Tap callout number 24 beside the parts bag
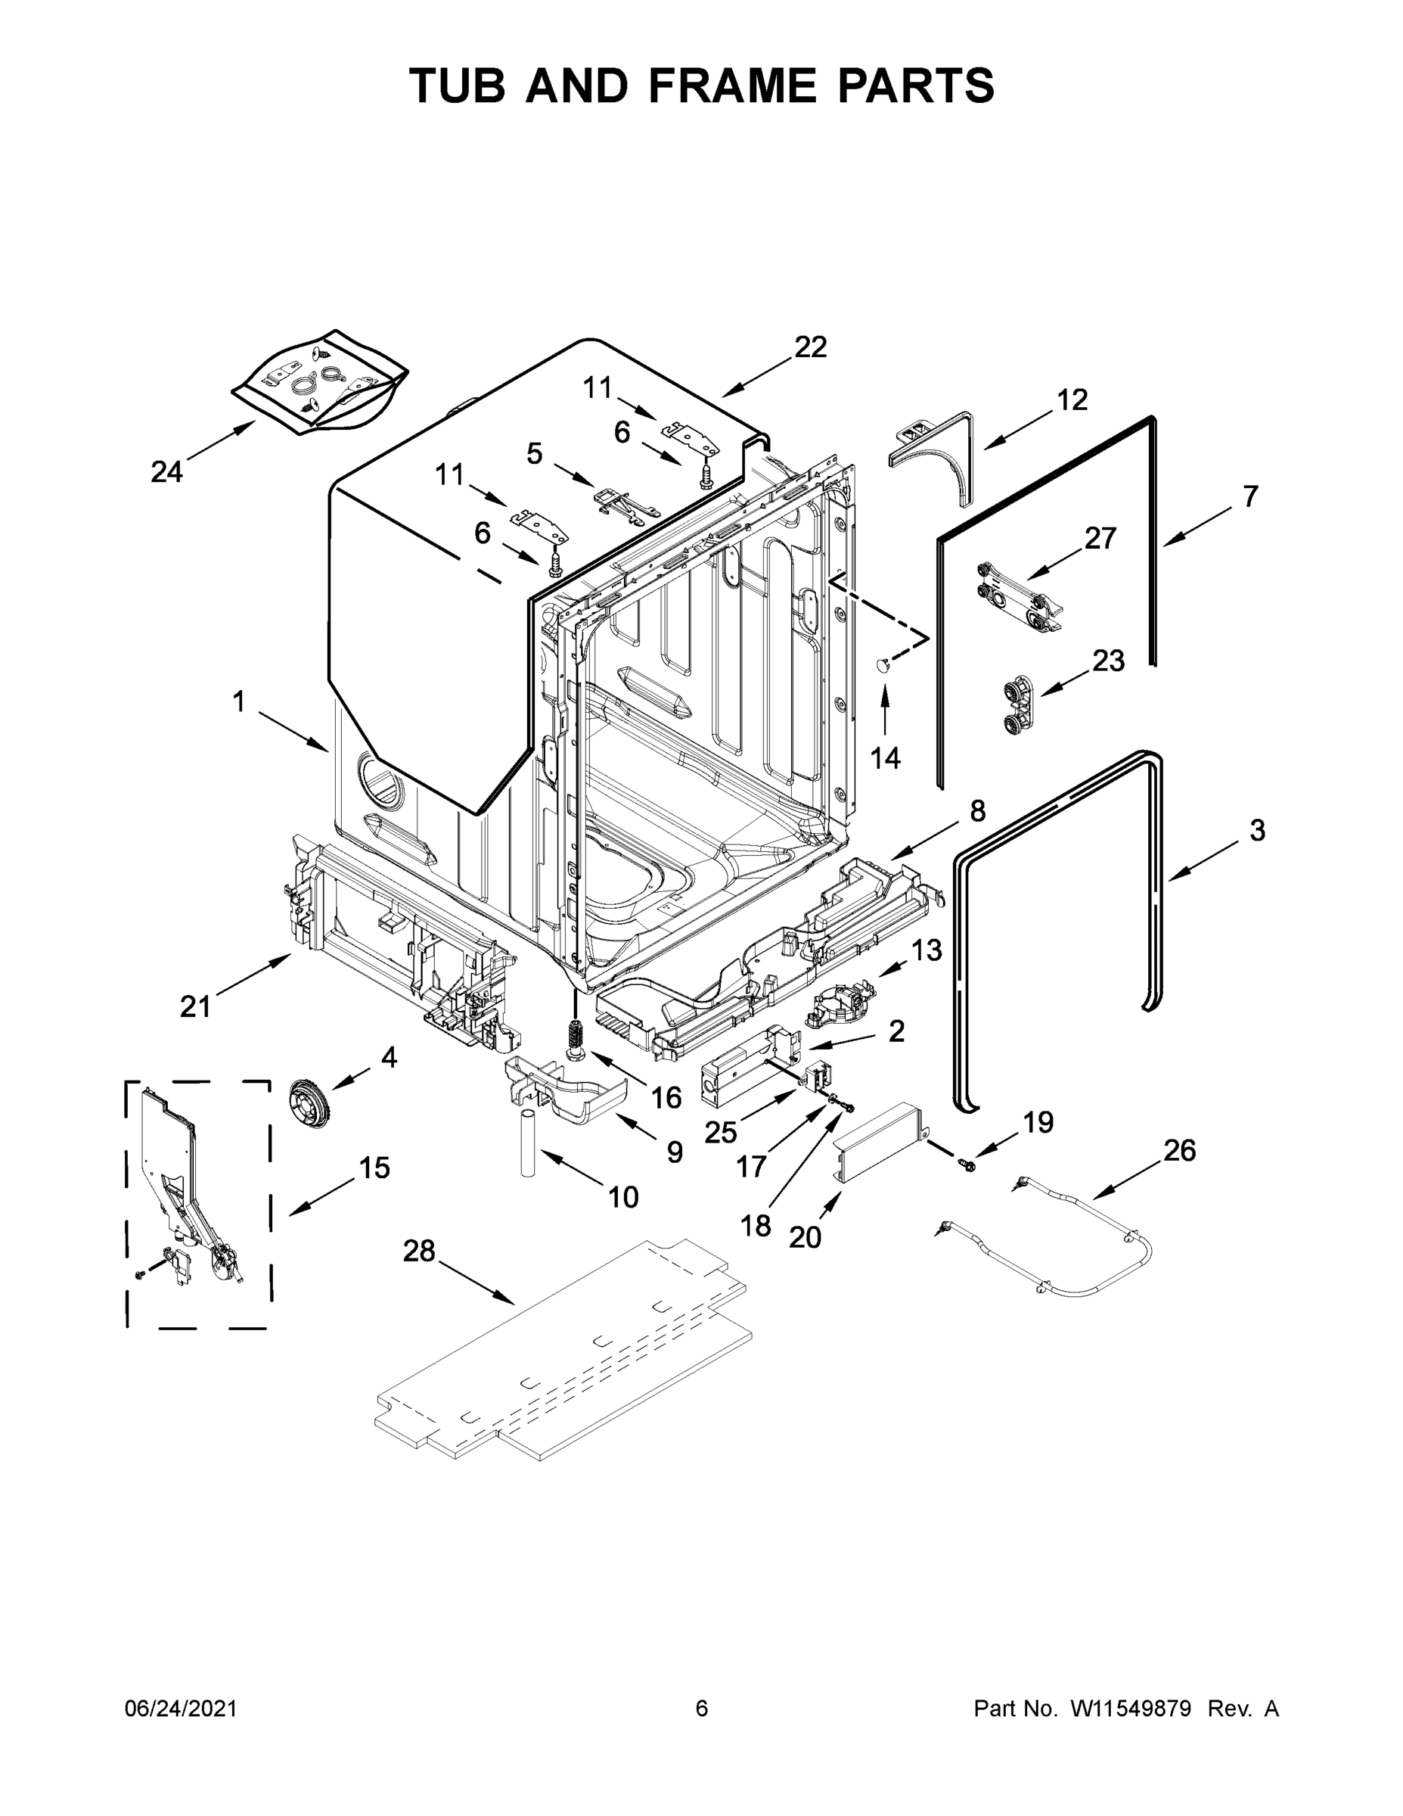[166, 471]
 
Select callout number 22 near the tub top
[810, 347]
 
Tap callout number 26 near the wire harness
[1178, 1151]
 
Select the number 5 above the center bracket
[535, 453]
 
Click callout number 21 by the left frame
[196, 1007]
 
